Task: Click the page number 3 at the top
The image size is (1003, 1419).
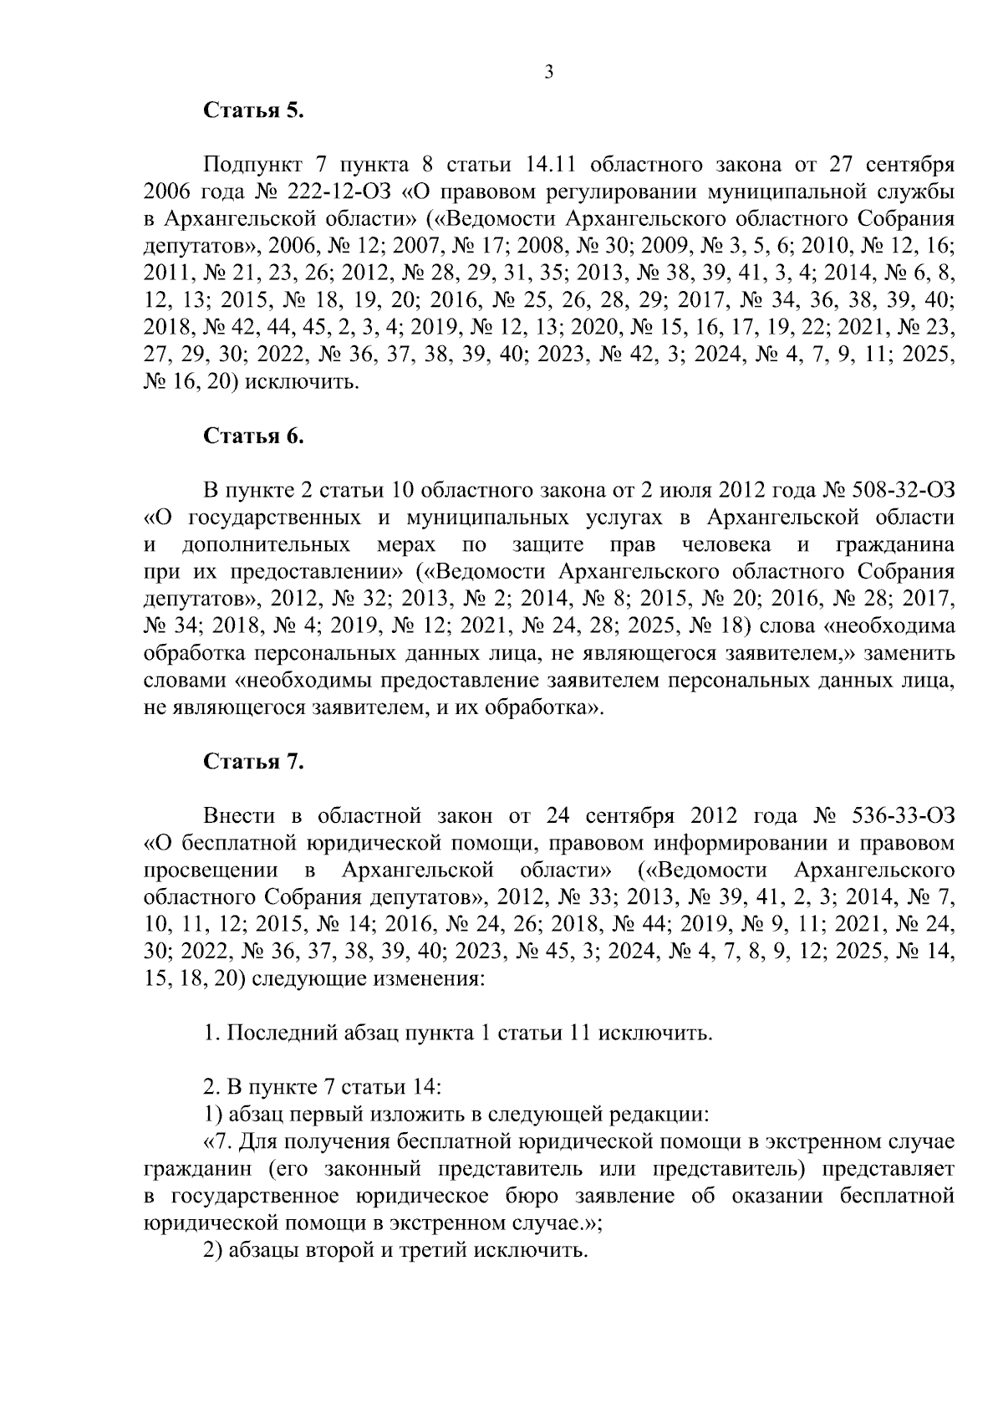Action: [x=548, y=73]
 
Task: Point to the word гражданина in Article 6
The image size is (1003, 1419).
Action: [x=895, y=545]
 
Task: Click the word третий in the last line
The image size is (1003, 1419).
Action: [x=440, y=1250]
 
